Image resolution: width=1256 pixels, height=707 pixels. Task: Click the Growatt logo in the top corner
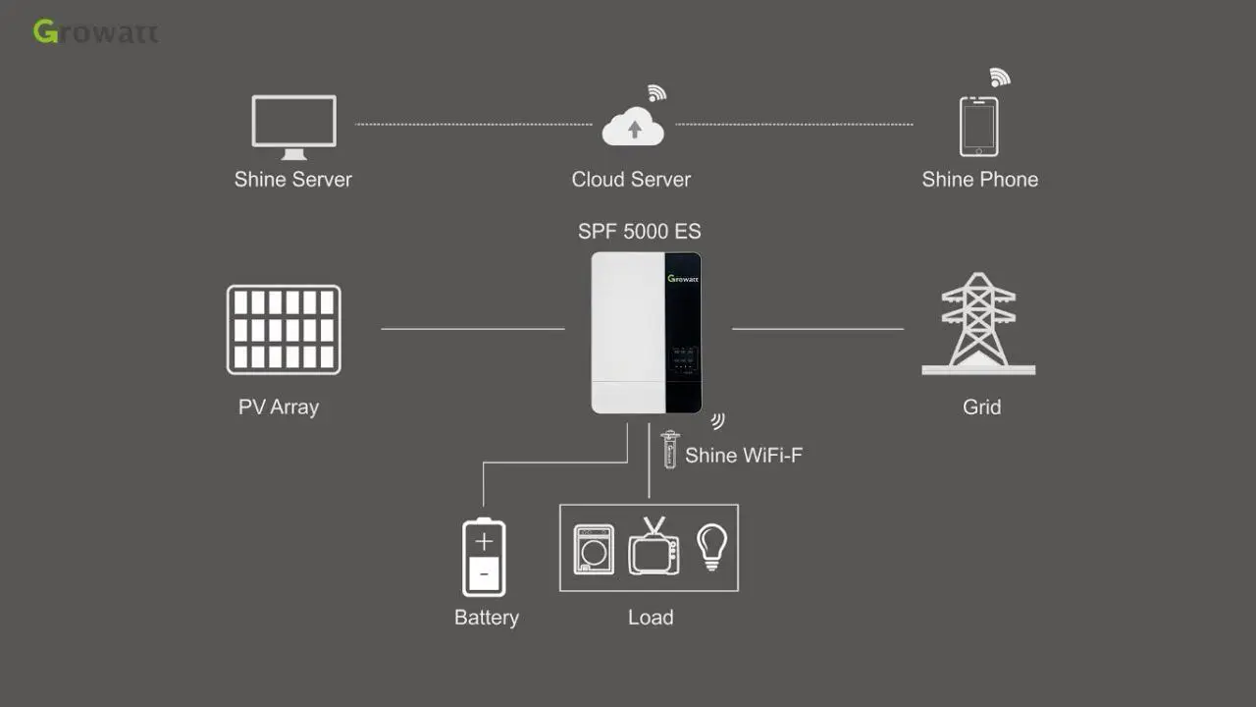pos(95,31)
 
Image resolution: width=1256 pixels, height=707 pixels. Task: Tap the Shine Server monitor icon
pos(293,125)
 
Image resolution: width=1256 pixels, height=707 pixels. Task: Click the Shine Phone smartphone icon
pos(978,126)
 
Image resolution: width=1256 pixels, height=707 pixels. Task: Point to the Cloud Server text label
pos(631,180)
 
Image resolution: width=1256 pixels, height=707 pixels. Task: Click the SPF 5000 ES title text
pos(639,232)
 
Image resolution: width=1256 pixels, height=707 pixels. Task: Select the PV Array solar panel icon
pos(284,330)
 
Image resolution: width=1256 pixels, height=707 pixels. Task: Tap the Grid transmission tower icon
pos(978,325)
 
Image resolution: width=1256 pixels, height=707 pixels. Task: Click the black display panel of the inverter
pos(683,334)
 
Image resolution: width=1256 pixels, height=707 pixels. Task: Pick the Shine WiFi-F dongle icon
pos(670,450)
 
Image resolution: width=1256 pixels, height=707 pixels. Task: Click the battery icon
pos(484,557)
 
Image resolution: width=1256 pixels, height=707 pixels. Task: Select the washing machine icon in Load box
pos(594,549)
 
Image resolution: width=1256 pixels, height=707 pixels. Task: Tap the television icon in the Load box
pos(654,547)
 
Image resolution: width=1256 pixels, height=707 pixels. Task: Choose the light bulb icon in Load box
pos(711,547)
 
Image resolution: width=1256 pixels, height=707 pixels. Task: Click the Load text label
pos(650,618)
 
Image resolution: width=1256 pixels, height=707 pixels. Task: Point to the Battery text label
pos(486,618)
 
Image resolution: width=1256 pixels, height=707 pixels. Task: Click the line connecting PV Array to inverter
pos(472,329)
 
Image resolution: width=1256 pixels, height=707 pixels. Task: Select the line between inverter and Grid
pos(817,329)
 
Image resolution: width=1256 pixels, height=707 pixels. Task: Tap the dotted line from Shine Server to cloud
pos(473,125)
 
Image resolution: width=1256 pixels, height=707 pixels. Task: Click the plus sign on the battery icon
pos(484,542)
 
